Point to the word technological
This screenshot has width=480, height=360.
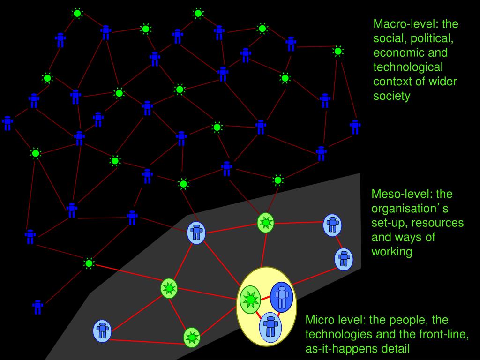408,67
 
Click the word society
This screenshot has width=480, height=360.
391,96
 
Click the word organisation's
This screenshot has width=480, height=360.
410,208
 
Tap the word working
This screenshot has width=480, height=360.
392,252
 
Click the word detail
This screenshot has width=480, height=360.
394,349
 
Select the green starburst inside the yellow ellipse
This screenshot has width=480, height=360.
250,300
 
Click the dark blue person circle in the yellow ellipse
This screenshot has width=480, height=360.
282,296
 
